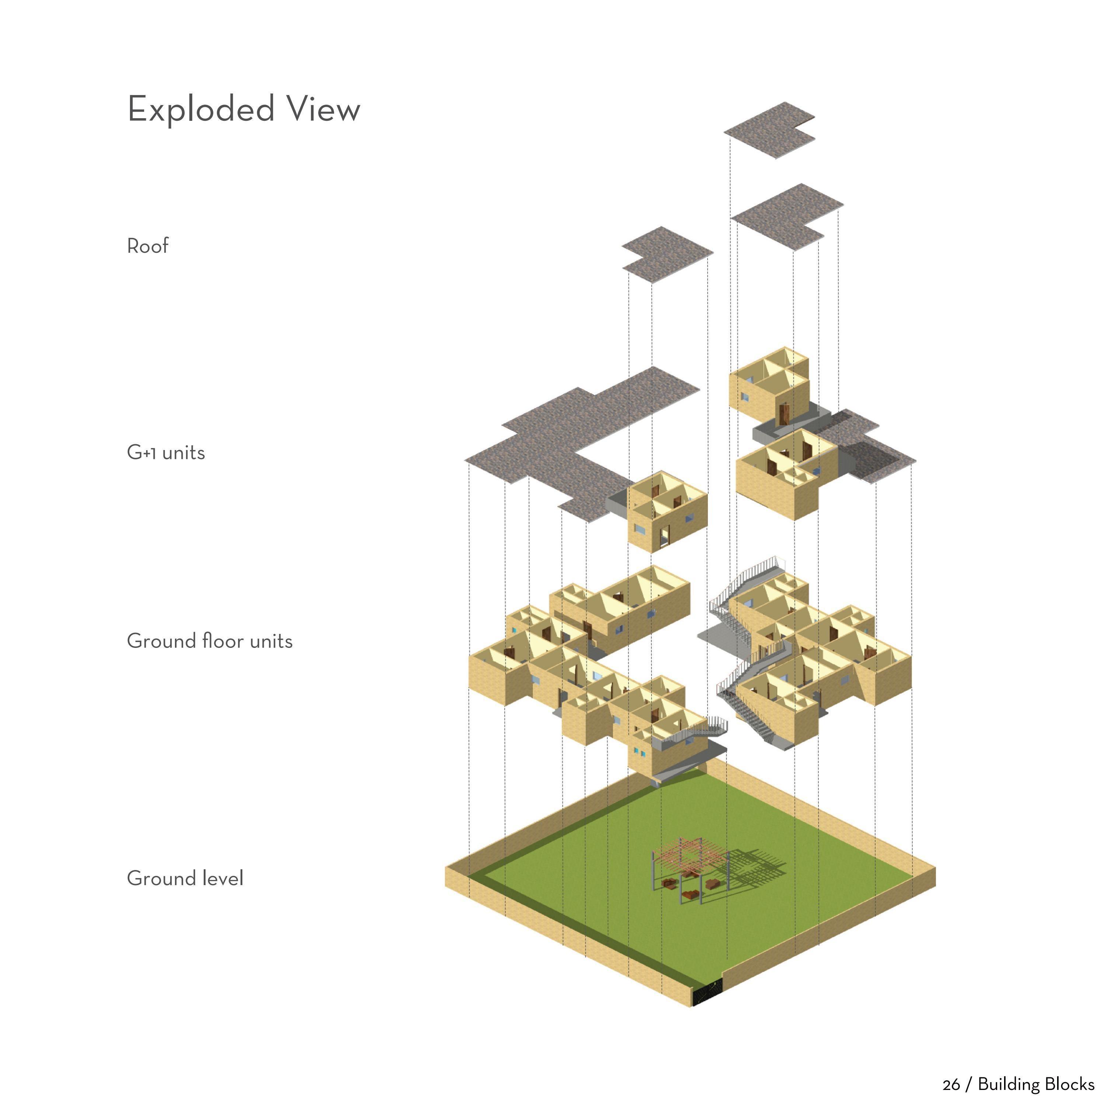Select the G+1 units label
(x=166, y=452)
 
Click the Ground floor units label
(x=209, y=641)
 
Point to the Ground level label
(x=185, y=878)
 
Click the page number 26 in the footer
(x=951, y=1084)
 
